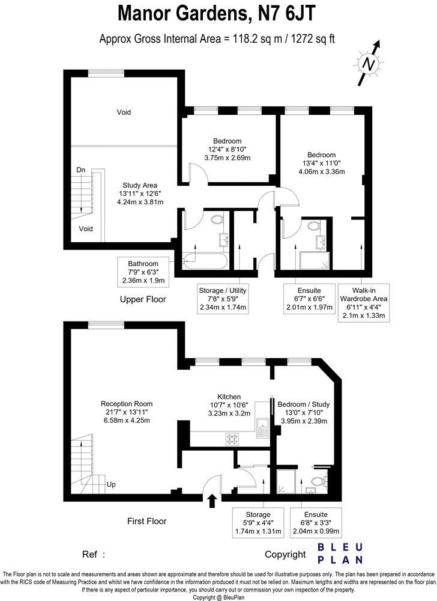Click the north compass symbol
pos(370,62)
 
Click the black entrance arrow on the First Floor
pos(211,501)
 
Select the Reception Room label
pos(126,412)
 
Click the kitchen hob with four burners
pos(233,438)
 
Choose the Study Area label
pos(140,194)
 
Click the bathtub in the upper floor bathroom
pos(203,260)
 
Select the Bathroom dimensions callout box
pos(143,272)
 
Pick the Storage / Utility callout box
pos(223,299)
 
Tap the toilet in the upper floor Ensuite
pos(313,227)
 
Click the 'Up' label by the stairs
pos(111,484)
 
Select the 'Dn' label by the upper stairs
pos(81,171)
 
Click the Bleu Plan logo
pos(340,553)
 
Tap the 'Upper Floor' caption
pos(143,299)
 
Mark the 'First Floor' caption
pos(147,521)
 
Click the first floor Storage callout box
pos(257,523)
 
